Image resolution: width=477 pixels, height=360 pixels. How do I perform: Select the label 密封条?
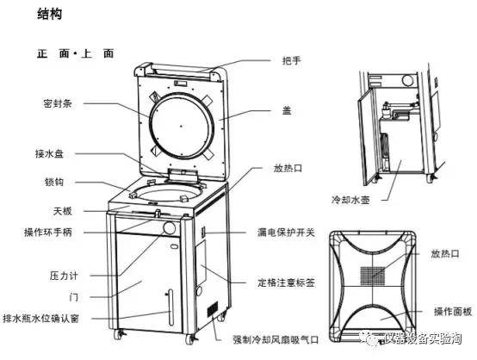pyautogui.click(x=55, y=102)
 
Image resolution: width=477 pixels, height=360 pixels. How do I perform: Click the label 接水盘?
pyautogui.click(x=49, y=153)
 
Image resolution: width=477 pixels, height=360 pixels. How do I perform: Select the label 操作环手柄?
pyautogui.click(x=47, y=232)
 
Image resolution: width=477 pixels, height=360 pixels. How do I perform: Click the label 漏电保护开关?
pyautogui.click(x=287, y=232)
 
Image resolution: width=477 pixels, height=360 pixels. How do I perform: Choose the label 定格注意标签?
pyautogui.click(x=287, y=282)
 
